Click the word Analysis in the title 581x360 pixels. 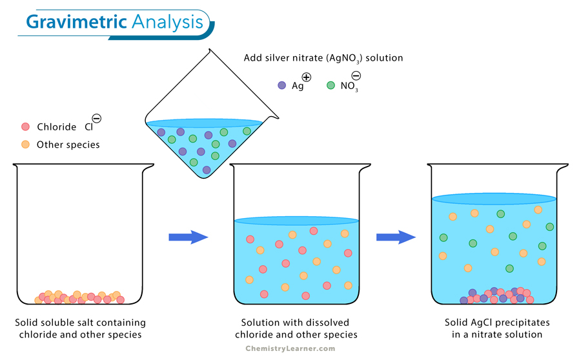click(x=167, y=23)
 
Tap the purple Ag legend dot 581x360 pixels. click(x=281, y=85)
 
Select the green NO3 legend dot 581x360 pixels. click(x=331, y=85)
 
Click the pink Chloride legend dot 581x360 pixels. click(x=26, y=127)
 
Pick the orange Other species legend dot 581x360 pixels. click(x=26, y=145)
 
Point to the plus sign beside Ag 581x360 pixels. click(x=306, y=77)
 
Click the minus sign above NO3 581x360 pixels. click(x=356, y=76)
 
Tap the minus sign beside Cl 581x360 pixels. click(x=96, y=118)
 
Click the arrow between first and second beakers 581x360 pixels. click(x=188, y=237)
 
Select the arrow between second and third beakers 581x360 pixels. click(x=396, y=237)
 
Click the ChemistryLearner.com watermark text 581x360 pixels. click(x=290, y=348)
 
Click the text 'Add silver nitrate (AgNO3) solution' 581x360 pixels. click(x=323, y=58)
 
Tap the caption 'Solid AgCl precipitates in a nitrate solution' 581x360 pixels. click(x=493, y=328)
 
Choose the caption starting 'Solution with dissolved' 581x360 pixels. click(x=296, y=328)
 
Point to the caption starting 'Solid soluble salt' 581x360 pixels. click(x=81, y=328)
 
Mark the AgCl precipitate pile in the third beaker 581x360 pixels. click(x=497, y=296)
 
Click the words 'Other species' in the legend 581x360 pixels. click(x=68, y=145)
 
